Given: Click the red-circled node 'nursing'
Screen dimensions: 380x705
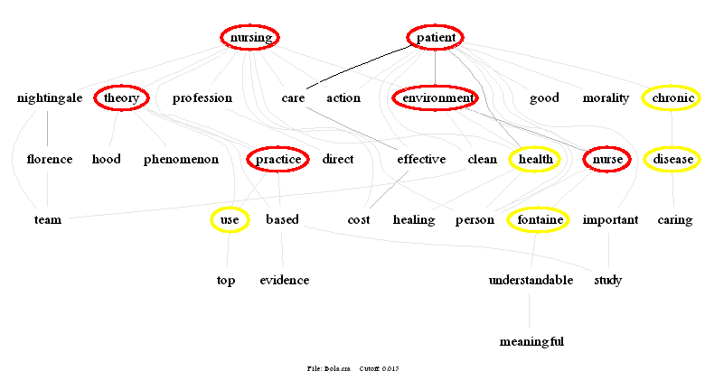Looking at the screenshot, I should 250,37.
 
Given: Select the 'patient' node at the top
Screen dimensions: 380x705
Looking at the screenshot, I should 435,37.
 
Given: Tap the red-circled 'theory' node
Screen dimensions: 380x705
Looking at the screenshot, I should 120,97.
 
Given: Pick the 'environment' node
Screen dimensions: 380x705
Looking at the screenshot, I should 435,97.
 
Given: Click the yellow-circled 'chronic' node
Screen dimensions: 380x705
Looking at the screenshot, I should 672,97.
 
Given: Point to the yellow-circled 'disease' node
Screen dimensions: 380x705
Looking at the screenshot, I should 672,160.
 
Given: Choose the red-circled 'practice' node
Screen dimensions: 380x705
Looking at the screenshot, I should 278,160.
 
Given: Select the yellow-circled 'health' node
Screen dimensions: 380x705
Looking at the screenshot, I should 534,160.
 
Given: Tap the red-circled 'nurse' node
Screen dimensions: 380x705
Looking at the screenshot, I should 606,160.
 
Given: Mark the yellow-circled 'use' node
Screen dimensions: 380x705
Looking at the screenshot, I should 229,219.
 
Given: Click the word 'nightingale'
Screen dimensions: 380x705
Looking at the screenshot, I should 50,97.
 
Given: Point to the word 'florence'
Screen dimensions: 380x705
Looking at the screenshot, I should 50,160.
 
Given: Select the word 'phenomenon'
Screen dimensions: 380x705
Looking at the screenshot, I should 181,160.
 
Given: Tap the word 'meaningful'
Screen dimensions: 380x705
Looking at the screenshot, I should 531,341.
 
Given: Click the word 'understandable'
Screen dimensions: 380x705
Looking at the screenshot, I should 531,280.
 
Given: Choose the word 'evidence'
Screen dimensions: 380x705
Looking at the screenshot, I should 284,280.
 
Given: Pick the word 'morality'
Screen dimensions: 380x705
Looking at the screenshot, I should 606,97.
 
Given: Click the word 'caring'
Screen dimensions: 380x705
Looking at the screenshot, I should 674,219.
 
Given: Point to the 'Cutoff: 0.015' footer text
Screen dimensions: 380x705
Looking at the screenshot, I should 379,368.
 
